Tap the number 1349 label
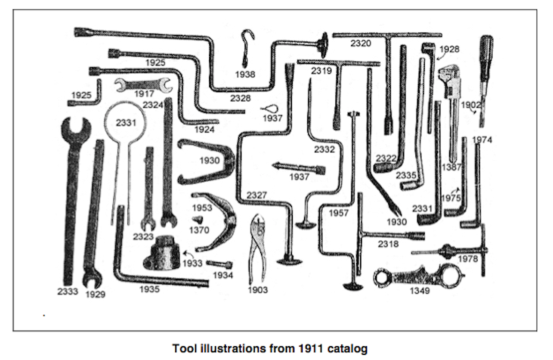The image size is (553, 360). [x=419, y=291]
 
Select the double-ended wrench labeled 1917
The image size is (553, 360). [x=143, y=85]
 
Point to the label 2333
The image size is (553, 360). [x=68, y=292]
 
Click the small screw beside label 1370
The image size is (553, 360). [x=198, y=220]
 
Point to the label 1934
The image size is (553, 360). [x=222, y=275]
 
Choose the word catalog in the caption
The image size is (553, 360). [x=348, y=348]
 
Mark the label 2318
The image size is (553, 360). [x=388, y=244]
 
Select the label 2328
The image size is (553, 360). [x=240, y=98]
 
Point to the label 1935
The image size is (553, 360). [x=149, y=289]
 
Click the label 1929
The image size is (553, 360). [x=95, y=294]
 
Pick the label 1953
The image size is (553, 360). [x=202, y=208]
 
